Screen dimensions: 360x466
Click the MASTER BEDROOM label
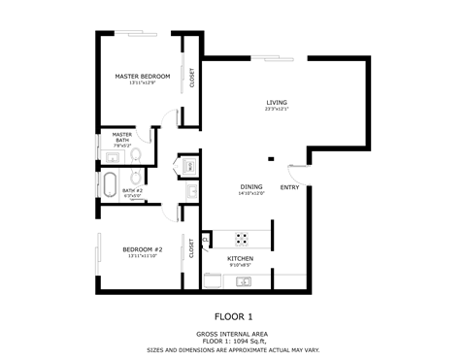point(143,76)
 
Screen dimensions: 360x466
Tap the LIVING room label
point(277,102)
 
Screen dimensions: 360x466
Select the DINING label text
point(251,186)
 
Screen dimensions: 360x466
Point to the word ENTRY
point(289,186)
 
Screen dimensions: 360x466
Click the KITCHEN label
point(240,258)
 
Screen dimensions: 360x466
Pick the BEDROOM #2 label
point(142,249)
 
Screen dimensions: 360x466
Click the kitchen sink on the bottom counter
point(244,282)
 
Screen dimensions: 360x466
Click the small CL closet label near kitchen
point(206,236)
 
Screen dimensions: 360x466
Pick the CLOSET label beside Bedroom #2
point(191,247)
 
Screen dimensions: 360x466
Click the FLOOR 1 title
point(233,316)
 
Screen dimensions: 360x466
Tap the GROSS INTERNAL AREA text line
point(233,333)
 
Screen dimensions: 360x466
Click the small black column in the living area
point(271,158)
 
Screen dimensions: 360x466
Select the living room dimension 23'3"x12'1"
point(277,109)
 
